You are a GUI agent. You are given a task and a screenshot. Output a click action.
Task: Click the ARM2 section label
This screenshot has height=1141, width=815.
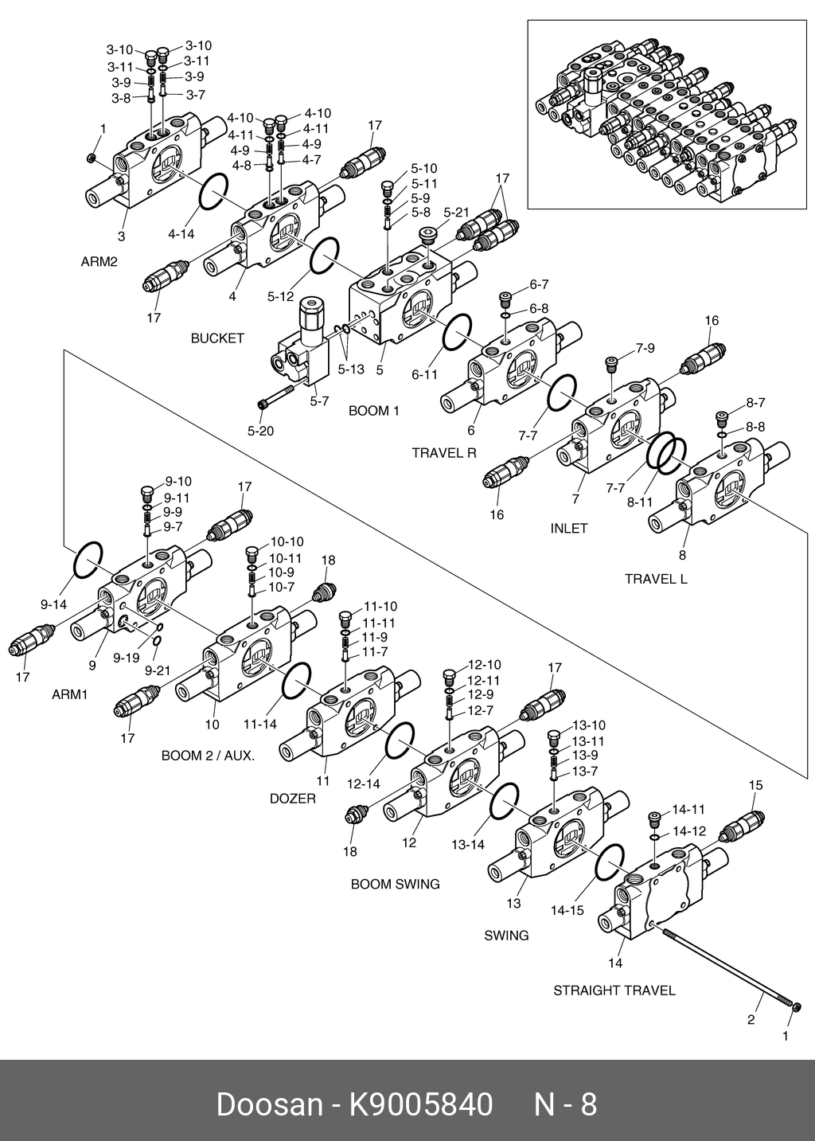(99, 262)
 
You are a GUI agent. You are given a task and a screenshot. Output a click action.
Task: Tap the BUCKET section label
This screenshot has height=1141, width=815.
(217, 338)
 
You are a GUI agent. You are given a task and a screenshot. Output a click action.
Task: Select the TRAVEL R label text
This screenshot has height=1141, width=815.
(444, 453)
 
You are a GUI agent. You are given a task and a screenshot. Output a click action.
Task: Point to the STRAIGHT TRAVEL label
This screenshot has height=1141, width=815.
(614, 991)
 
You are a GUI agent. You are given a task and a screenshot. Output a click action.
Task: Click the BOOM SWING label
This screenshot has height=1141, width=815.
(396, 884)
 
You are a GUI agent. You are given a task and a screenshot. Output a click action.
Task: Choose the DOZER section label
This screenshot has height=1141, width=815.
(293, 799)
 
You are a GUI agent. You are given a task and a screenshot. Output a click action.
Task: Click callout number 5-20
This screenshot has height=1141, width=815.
(260, 432)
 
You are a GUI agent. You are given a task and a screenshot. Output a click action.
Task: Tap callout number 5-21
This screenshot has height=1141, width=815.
(457, 213)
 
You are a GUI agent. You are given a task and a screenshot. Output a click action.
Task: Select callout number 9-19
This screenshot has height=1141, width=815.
(126, 658)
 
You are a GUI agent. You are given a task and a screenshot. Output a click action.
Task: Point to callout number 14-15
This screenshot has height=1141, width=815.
(567, 909)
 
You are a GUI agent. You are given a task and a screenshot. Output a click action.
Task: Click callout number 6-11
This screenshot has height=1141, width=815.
(424, 374)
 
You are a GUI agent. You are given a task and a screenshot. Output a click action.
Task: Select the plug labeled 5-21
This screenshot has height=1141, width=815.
(429, 235)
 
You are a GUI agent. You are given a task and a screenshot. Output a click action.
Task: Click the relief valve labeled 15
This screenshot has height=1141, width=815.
(740, 824)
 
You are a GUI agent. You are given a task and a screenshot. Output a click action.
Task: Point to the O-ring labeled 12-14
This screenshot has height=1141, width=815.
(400, 741)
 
